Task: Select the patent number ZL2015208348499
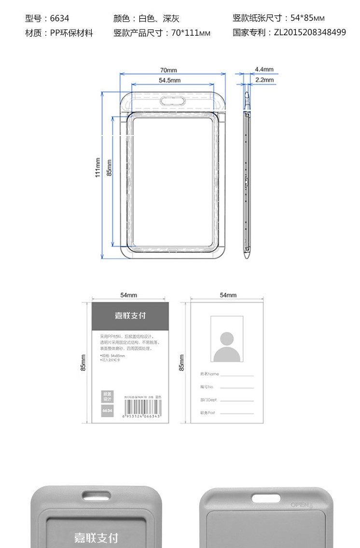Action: (310, 33)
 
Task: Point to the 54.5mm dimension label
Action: (169, 80)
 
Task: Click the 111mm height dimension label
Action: (97, 167)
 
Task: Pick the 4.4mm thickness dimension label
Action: (264, 69)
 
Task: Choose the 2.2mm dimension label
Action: (264, 80)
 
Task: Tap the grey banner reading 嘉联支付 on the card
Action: (130, 315)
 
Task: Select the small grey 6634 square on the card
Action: (107, 411)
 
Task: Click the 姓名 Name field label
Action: (210, 374)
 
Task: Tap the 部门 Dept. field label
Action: (209, 400)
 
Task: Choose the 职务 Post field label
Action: (208, 413)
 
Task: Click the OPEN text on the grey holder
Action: (301, 505)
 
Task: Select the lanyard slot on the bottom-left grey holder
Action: (95, 495)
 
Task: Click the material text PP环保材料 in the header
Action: (71, 33)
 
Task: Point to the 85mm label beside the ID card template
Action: (182, 363)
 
